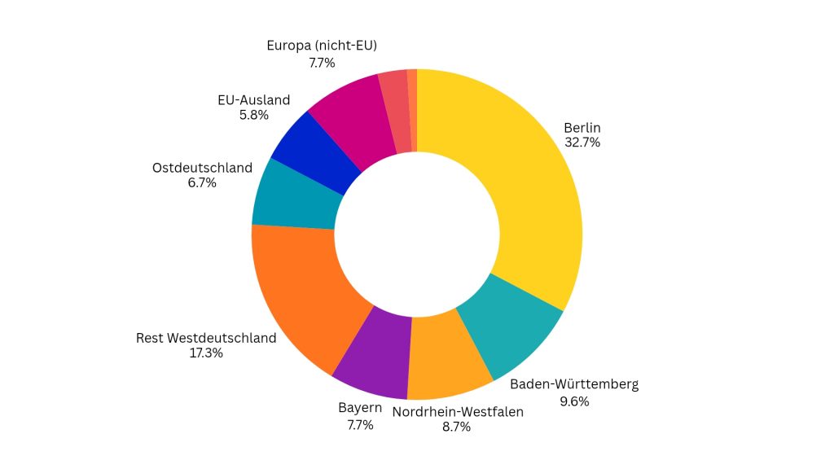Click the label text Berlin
click(x=582, y=128)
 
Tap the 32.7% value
click(x=582, y=142)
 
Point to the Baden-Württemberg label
click(x=573, y=384)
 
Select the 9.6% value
click(x=573, y=401)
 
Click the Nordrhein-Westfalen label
click(x=458, y=411)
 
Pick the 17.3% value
click(x=206, y=353)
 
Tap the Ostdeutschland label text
click(x=202, y=168)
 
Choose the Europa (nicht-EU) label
click(x=322, y=46)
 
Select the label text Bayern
click(x=360, y=407)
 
